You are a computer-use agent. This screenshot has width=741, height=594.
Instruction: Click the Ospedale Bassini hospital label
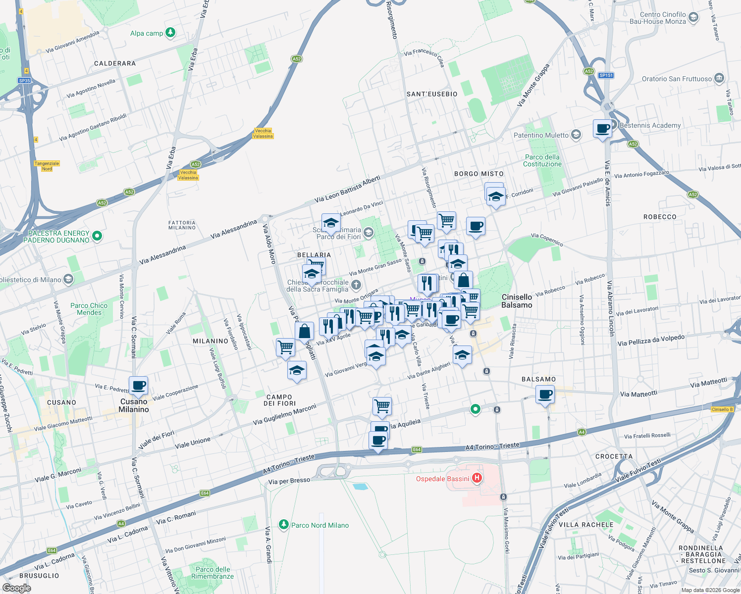click(x=442, y=479)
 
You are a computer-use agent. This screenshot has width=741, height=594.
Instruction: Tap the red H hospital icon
click(x=477, y=478)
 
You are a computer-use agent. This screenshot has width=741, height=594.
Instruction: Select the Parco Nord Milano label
click(x=320, y=525)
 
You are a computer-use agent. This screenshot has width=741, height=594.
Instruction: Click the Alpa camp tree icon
click(x=170, y=33)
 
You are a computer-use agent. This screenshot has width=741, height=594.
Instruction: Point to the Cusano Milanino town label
click(x=134, y=405)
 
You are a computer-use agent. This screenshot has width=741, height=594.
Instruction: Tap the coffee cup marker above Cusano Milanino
click(x=139, y=385)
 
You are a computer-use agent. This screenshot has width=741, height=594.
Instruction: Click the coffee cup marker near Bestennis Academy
click(x=602, y=129)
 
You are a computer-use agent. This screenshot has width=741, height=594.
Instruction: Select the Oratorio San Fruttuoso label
click(x=677, y=79)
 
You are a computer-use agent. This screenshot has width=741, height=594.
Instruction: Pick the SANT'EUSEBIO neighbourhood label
click(x=432, y=94)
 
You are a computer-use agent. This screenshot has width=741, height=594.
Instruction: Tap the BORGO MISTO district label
click(x=479, y=174)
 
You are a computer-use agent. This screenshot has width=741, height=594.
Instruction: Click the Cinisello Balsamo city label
click(x=517, y=301)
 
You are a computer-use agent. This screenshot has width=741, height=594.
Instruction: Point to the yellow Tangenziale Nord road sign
click(x=47, y=166)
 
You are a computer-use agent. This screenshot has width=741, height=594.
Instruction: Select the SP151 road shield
click(x=606, y=75)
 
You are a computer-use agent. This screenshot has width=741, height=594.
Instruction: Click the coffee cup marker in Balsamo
click(x=545, y=395)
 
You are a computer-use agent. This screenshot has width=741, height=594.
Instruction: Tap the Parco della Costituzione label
click(x=542, y=160)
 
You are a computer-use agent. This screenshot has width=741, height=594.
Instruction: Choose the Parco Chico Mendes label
click(x=89, y=309)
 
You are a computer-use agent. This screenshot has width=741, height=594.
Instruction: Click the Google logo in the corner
click(x=16, y=588)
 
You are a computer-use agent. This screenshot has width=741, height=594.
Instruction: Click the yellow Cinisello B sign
click(x=722, y=409)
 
